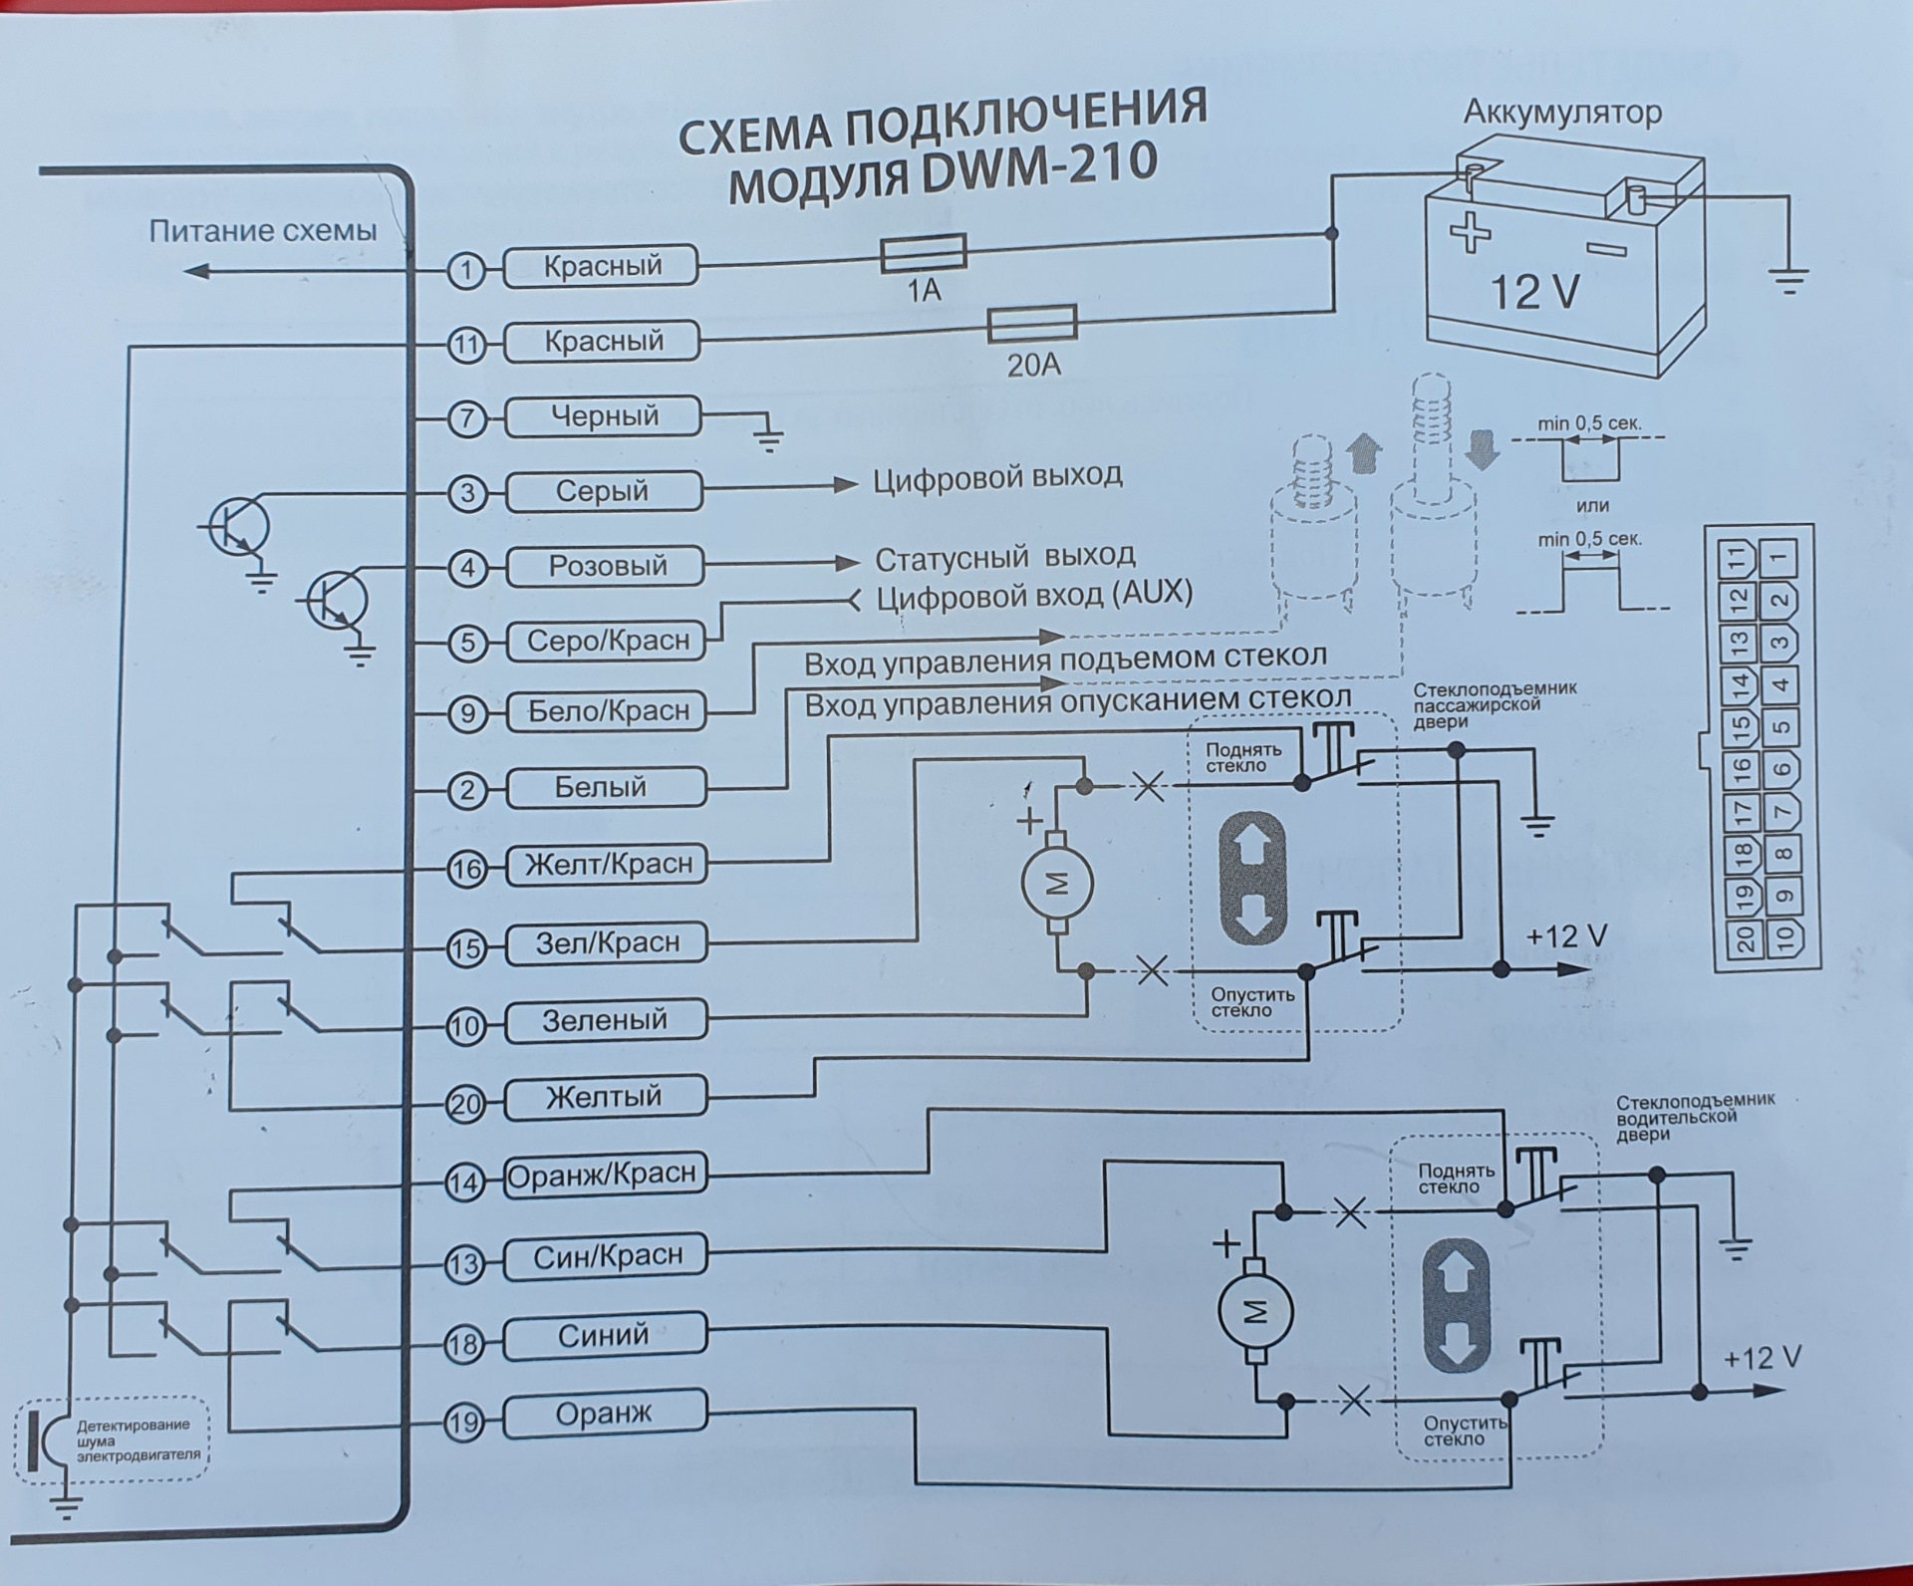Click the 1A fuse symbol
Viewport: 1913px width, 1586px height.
pyautogui.click(x=923, y=253)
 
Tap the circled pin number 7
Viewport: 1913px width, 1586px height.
pyautogui.click(x=466, y=418)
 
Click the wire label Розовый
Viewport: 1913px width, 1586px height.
pyautogui.click(x=606, y=566)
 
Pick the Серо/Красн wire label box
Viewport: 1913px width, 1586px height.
pyautogui.click(x=607, y=641)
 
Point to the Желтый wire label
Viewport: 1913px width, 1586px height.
pyautogui.click(x=604, y=1097)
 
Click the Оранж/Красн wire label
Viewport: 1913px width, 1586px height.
pyautogui.click(x=602, y=1175)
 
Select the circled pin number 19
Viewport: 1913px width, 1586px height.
pyautogui.click(x=464, y=1422)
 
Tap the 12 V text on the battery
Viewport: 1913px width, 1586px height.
pyautogui.click(x=1534, y=292)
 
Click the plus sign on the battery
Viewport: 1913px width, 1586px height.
pyautogui.click(x=1469, y=234)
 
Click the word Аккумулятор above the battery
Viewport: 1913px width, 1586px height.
pyautogui.click(x=1561, y=112)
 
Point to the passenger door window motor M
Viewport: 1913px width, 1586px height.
pyautogui.click(x=1057, y=883)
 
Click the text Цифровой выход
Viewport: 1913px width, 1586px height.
pyautogui.click(x=997, y=477)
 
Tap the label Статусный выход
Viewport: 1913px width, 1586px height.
pyautogui.click(x=1004, y=558)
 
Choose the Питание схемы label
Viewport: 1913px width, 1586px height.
pyautogui.click(x=263, y=232)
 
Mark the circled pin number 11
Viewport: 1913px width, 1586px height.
pyautogui.click(x=466, y=346)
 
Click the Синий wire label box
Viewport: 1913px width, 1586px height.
pyautogui.click(x=604, y=1335)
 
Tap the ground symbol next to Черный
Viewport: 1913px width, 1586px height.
pyautogui.click(x=768, y=438)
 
